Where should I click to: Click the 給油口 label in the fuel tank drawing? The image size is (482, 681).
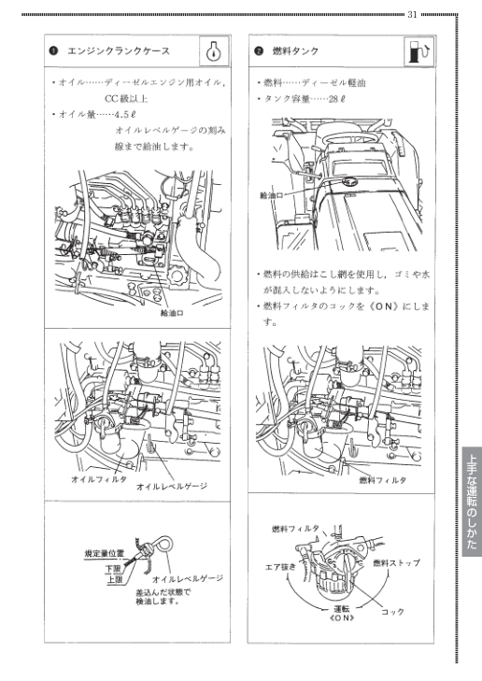[271, 195]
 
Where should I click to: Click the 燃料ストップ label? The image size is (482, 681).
[396, 562]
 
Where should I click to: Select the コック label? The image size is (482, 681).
[392, 612]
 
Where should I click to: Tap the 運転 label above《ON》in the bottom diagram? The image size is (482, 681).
[341, 607]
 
